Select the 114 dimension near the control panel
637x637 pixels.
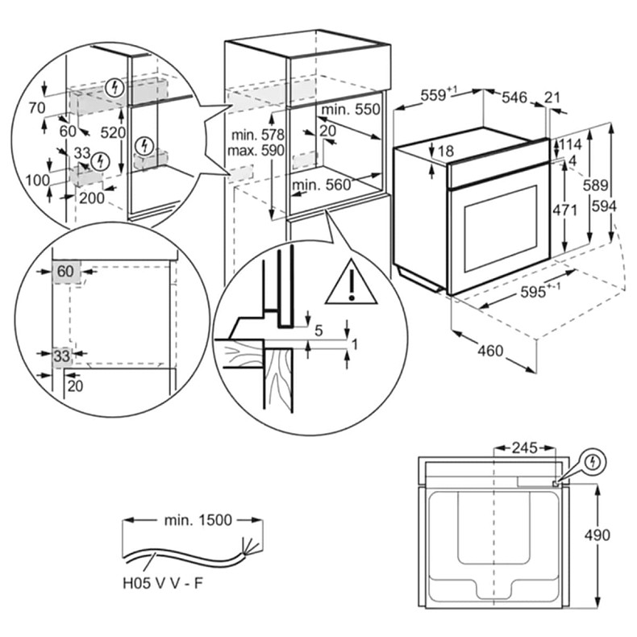coord(571,144)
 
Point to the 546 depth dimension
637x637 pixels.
coord(514,98)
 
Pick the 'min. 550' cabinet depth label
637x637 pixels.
coord(349,109)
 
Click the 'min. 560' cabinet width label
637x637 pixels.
coord(322,185)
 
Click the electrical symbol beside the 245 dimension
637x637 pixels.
coord(593,463)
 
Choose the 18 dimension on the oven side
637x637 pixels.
coord(446,151)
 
